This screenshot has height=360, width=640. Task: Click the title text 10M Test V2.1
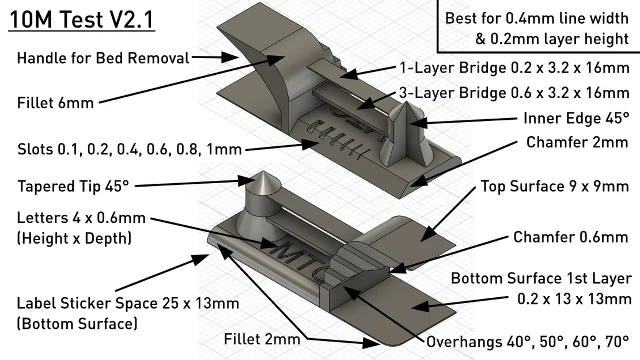click(81, 22)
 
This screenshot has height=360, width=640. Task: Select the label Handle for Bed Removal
click(103, 58)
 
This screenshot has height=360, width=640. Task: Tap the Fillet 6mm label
click(55, 103)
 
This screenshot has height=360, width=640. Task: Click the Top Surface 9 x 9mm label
click(554, 186)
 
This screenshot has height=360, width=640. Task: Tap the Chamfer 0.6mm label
click(570, 237)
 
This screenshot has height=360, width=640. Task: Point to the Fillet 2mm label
click(262, 339)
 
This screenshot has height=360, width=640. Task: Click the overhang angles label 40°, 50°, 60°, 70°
click(527, 342)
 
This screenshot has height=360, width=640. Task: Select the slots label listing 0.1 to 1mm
click(129, 150)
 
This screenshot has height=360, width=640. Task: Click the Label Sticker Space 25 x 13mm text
click(128, 303)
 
